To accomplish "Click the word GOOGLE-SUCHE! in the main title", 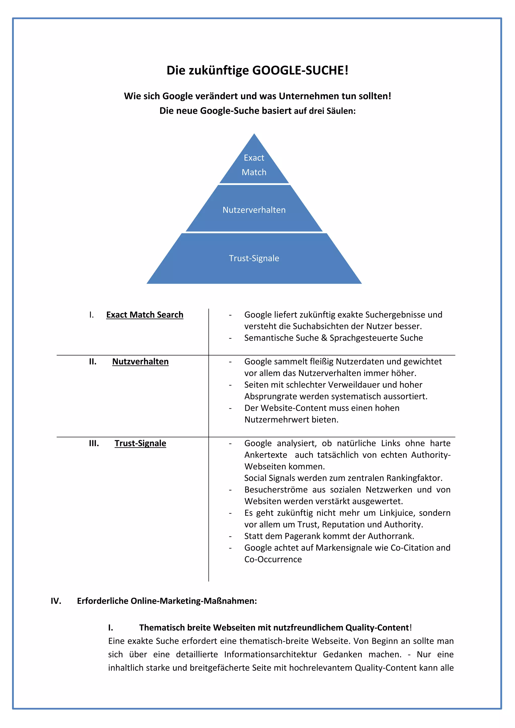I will coord(300,70).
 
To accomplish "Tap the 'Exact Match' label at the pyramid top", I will coord(254,165).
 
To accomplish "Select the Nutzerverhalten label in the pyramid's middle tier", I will coord(254,210).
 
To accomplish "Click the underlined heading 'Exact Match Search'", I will coord(145,315).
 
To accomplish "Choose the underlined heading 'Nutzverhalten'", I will coord(140,361).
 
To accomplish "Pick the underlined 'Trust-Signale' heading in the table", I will coord(140,443).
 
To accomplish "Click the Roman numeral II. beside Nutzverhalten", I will coord(93,361).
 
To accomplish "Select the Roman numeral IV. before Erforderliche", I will coord(56,601).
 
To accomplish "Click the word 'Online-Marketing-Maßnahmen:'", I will coord(194,601).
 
